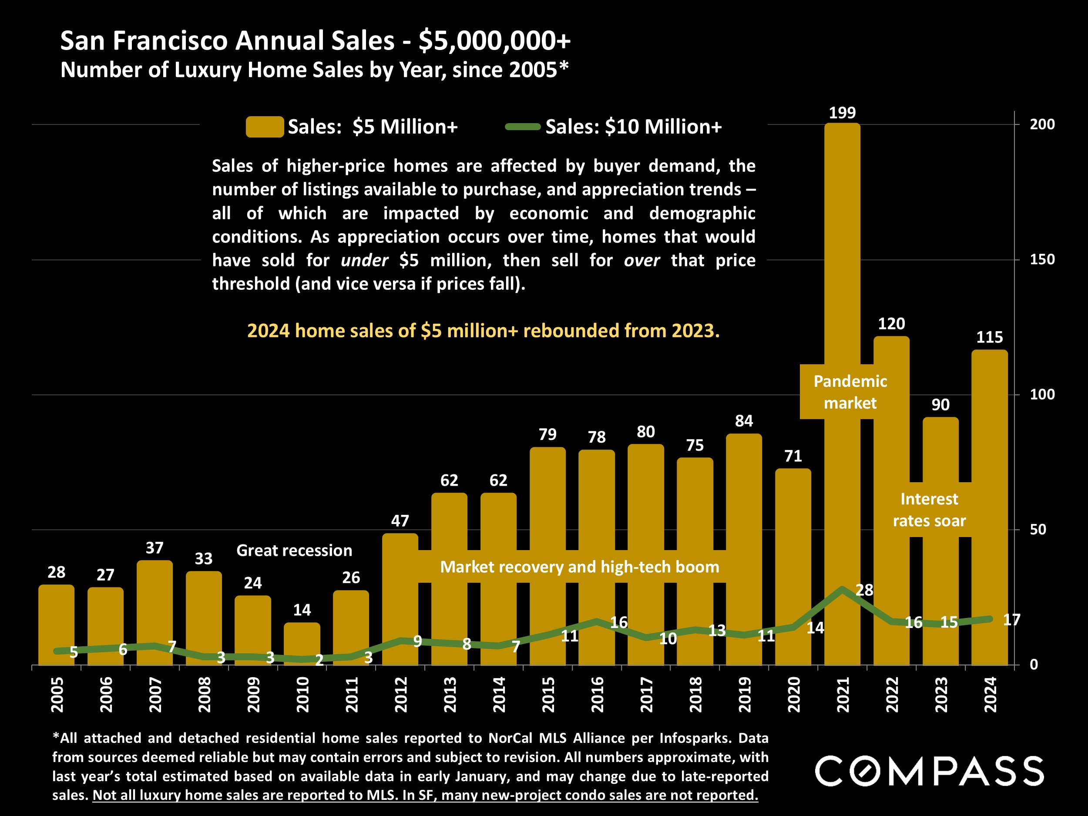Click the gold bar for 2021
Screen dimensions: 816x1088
[x=842, y=246]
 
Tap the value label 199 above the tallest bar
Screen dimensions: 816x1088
[x=842, y=113]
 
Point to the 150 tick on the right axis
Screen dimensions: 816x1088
[x=1042, y=259]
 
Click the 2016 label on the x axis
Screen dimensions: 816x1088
[x=597, y=694]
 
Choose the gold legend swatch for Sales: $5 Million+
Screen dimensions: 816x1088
[x=265, y=127]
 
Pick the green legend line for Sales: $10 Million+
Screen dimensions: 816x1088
[x=523, y=127]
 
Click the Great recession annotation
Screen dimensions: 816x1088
[x=294, y=551]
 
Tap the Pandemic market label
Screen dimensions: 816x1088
[x=850, y=392]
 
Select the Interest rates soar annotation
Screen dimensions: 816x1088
[x=929, y=510]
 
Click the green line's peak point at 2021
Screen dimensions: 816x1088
[x=842, y=589]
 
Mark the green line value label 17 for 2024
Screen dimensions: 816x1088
[x=1011, y=620]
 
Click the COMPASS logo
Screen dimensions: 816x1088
[x=929, y=771]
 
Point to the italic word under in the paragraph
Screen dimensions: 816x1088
[x=364, y=260]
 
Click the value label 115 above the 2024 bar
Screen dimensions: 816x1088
[x=989, y=337]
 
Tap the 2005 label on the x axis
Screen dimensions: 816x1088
[x=57, y=694]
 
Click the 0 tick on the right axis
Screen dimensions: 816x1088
[x=1034, y=665]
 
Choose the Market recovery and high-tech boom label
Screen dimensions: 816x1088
[x=579, y=567]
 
